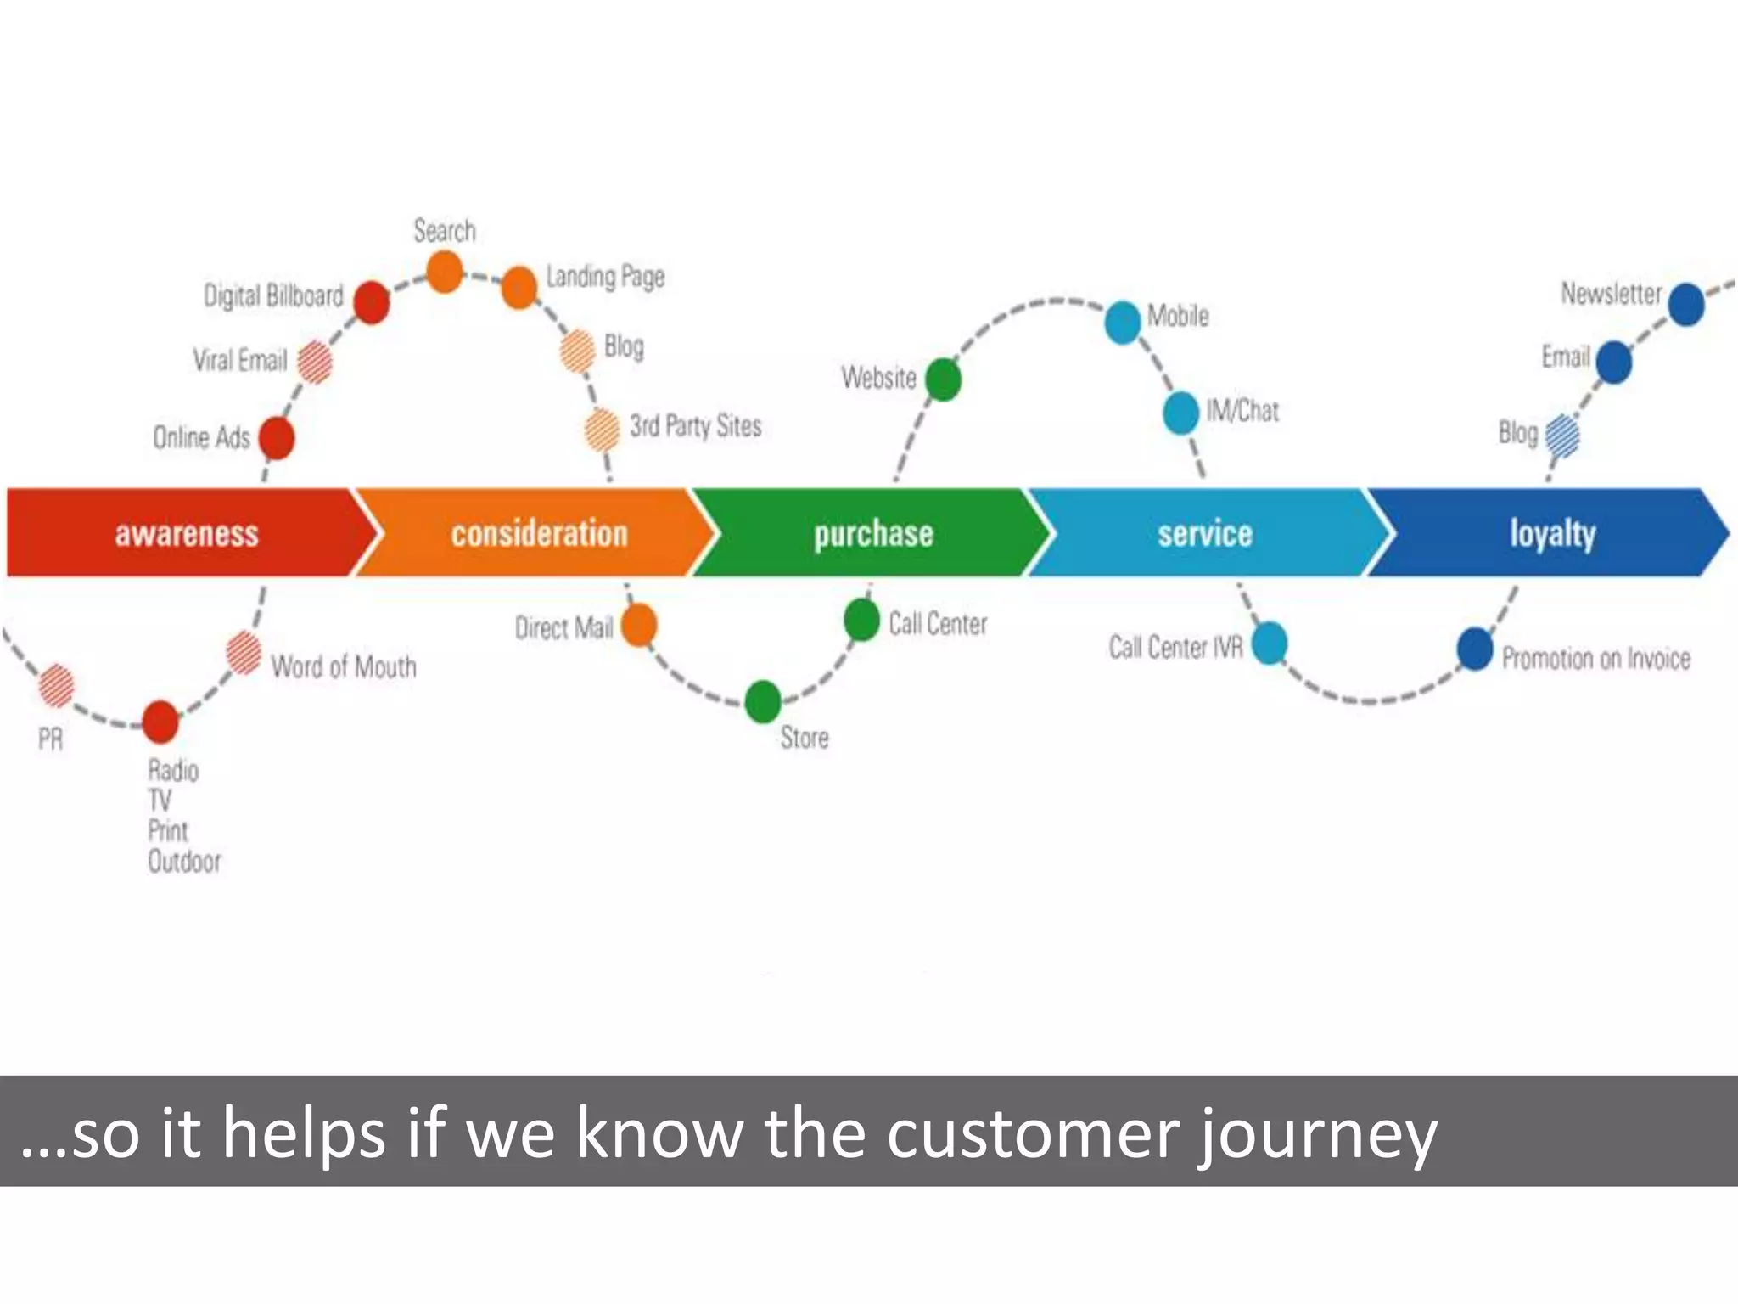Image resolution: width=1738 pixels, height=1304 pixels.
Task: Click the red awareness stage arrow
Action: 187,533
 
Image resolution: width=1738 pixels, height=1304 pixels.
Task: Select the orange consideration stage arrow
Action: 539,533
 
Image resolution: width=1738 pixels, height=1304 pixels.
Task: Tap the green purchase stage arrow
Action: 874,533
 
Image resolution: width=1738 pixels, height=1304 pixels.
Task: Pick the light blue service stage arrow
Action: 1205,533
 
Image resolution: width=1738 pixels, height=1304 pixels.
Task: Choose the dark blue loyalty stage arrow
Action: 1553,533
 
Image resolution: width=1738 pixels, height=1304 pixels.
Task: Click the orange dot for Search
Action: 445,273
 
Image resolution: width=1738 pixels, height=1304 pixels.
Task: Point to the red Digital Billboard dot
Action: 371,302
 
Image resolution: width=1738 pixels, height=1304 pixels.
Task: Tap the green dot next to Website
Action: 943,379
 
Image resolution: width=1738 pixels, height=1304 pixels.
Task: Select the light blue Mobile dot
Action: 1122,323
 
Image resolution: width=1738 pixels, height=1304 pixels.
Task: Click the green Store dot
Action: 763,701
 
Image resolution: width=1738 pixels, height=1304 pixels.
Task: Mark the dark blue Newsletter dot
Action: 1686,304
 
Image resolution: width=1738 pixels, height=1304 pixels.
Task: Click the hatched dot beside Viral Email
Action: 315,362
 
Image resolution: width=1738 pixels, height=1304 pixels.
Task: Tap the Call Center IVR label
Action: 1175,648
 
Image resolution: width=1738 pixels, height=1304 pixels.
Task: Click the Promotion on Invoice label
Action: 1595,659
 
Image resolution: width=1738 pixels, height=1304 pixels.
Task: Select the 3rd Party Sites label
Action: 695,426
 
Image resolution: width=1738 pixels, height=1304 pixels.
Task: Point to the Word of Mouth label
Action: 344,667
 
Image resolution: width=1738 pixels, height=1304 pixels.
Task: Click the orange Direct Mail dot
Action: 639,626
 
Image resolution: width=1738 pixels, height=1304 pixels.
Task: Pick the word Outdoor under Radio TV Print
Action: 184,862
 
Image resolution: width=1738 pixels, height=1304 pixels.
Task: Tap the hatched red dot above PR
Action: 57,685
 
